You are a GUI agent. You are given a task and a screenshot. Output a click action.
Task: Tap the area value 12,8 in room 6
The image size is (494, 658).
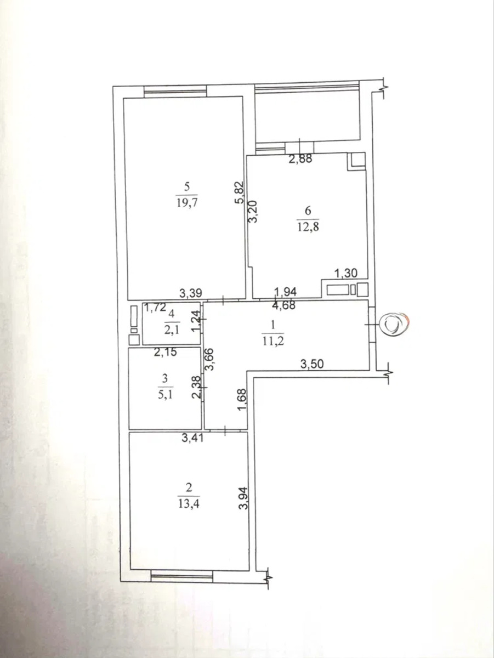click(308, 226)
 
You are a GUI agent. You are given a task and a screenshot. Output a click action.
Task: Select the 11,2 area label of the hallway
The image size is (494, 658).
click(272, 341)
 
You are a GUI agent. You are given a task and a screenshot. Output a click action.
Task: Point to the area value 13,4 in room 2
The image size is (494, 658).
click(188, 504)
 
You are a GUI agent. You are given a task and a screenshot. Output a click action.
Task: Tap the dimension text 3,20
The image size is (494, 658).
click(254, 212)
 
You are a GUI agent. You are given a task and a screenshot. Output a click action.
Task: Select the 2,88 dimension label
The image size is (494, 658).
click(300, 158)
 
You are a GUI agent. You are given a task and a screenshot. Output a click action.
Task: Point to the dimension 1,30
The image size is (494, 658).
click(346, 274)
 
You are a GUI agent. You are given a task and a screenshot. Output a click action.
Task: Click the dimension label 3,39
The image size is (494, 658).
click(191, 293)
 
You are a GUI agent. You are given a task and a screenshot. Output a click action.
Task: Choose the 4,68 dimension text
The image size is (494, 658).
click(284, 305)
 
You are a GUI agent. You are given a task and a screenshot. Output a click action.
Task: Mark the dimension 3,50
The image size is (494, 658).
click(312, 364)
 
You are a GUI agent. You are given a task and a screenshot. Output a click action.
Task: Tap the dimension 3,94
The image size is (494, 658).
click(243, 498)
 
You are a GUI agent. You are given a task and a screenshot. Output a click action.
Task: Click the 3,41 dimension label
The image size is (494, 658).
click(193, 438)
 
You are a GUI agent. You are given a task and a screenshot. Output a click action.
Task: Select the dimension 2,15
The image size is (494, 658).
click(166, 352)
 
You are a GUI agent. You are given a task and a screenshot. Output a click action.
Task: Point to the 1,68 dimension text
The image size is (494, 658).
click(243, 400)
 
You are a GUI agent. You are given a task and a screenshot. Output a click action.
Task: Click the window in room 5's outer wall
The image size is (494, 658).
click(175, 92)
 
